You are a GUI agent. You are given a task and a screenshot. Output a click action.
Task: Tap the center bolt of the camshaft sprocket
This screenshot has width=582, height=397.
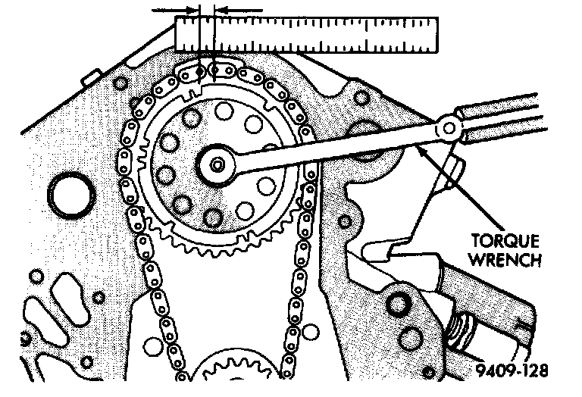pos(217,164)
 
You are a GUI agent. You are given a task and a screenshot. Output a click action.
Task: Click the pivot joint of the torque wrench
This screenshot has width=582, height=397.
pos(451,130)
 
